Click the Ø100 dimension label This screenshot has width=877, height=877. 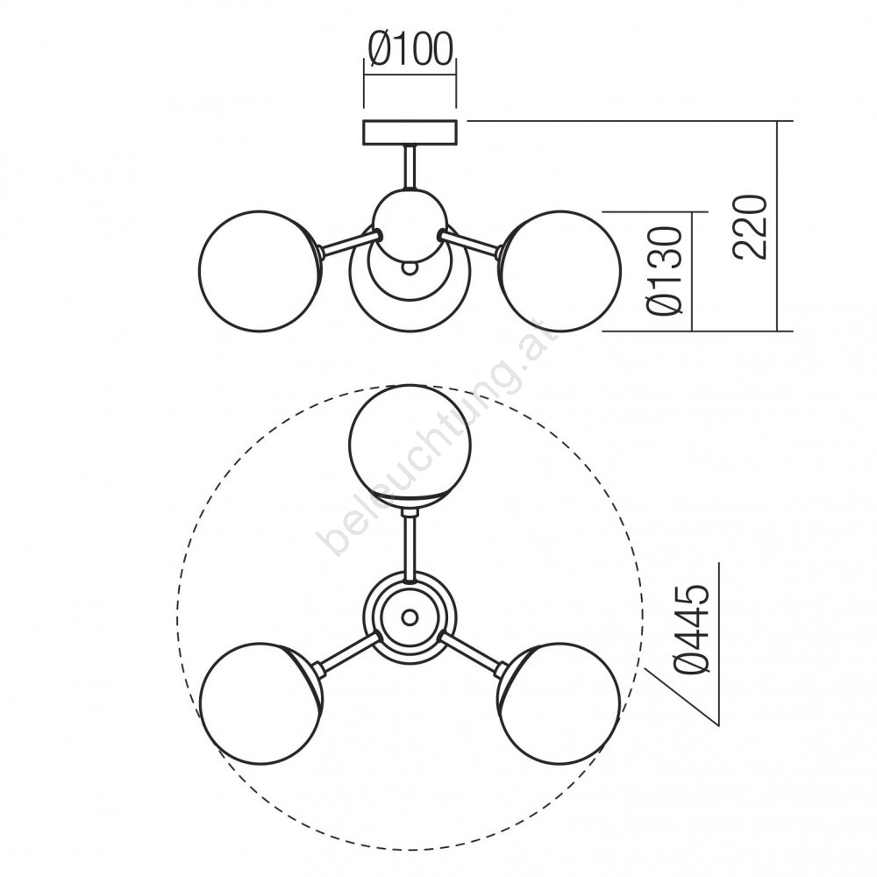click(410, 50)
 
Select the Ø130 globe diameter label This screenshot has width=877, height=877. click(665, 270)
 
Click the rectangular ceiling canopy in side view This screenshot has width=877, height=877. click(410, 132)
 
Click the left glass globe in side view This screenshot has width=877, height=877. click(260, 271)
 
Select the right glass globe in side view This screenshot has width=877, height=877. click(561, 271)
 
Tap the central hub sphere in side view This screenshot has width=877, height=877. click(410, 225)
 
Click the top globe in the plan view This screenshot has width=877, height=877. click(410, 446)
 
